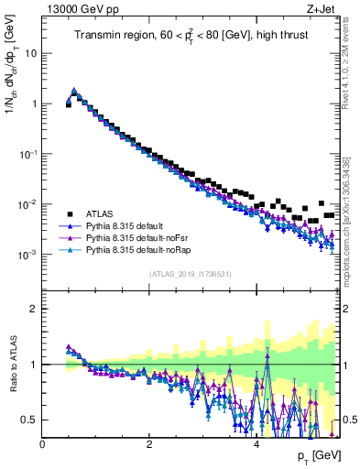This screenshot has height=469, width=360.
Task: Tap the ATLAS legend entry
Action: pos(101,210)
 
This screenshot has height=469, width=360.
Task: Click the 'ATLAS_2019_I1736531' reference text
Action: pos(191,274)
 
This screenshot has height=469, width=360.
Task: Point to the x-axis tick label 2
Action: pos(148,443)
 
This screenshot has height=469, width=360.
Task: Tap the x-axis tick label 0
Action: pos(43,443)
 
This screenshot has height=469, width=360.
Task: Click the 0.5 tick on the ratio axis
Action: pos(29,420)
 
